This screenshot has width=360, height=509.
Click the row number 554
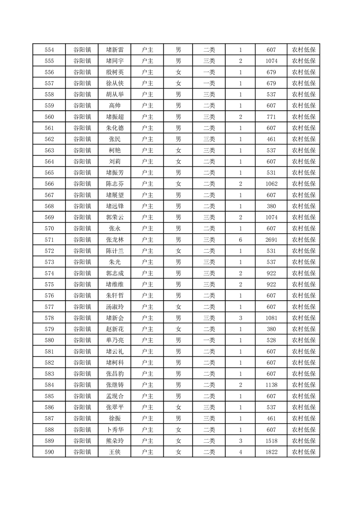[x=49, y=50]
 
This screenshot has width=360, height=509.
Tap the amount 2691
[x=271, y=240]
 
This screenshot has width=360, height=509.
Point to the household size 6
[x=240, y=240]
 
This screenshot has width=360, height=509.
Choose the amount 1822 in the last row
[x=271, y=452]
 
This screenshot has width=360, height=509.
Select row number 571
[x=49, y=240]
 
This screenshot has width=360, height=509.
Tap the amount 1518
[x=271, y=440]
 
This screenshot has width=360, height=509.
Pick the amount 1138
[x=271, y=385]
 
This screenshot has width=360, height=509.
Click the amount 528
[x=271, y=340]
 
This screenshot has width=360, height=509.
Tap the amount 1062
[x=271, y=184]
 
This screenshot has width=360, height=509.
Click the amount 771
[x=271, y=117]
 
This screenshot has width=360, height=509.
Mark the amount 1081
[x=271, y=318]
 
